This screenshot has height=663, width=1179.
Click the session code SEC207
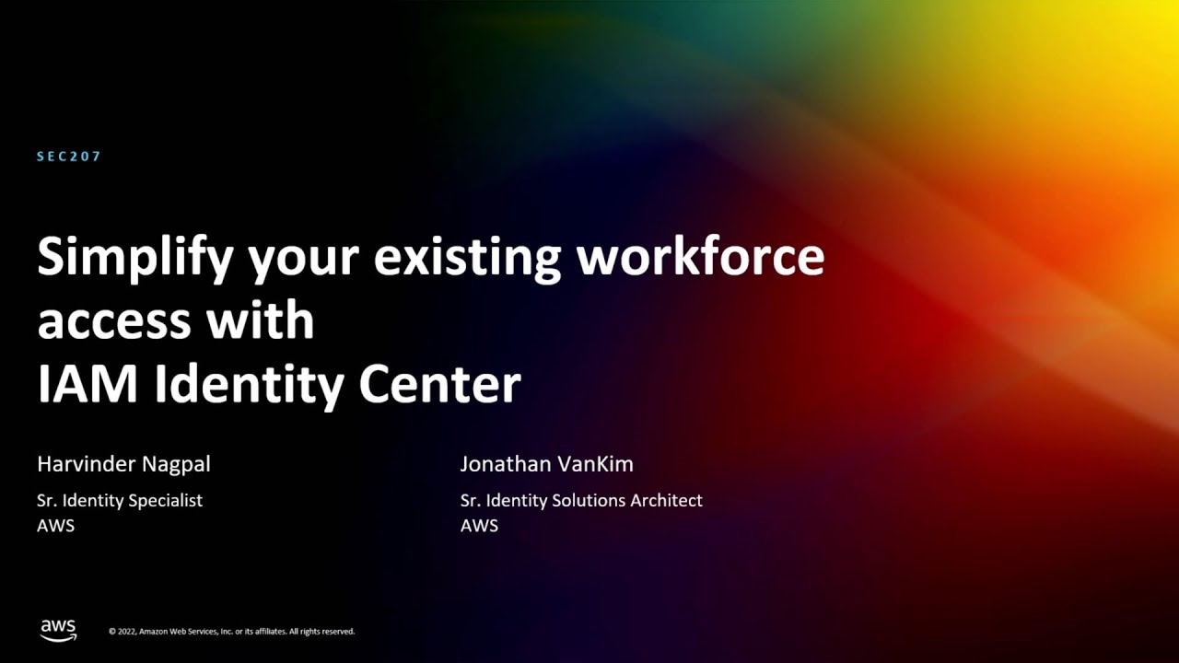[69, 157]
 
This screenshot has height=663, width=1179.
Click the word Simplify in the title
[134, 258]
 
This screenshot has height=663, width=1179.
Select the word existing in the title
[467, 258]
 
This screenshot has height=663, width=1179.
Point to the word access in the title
[114, 320]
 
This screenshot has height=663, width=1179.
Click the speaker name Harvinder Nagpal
[123, 464]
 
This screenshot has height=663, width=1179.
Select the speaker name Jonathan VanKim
[546, 464]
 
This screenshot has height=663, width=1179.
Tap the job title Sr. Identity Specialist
[119, 501]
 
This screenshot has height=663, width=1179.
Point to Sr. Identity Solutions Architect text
[581, 501]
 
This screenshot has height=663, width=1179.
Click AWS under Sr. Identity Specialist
[55, 526]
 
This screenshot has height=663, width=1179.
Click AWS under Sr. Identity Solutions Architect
[479, 526]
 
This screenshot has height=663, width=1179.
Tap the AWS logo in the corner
[58, 630]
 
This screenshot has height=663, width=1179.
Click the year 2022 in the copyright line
[127, 632]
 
